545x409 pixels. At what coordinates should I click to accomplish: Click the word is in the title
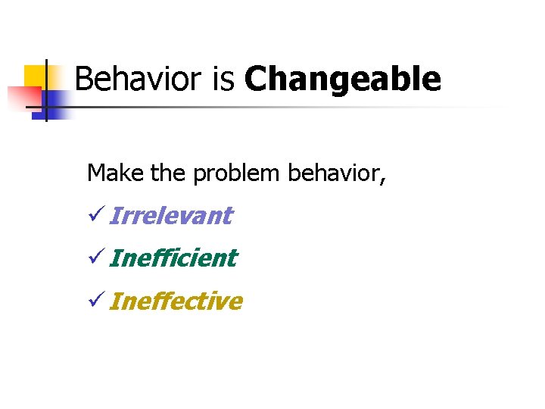point(224,79)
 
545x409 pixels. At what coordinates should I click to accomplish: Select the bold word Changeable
point(343,79)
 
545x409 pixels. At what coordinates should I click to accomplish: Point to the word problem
point(235,173)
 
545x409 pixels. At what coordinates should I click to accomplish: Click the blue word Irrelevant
point(171,216)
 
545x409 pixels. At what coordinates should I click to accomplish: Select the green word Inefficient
point(173,258)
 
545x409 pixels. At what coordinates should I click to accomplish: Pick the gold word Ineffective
point(176,301)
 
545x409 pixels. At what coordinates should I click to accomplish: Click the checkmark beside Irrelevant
point(95,217)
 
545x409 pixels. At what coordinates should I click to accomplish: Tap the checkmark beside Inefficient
point(95,259)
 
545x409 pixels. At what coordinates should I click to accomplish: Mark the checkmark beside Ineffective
point(95,302)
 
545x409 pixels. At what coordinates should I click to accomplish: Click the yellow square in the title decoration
point(36,76)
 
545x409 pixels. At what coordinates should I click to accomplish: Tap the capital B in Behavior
point(84,79)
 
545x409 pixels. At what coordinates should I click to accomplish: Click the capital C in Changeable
point(256,79)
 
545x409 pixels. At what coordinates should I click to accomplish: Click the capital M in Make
point(97,173)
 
